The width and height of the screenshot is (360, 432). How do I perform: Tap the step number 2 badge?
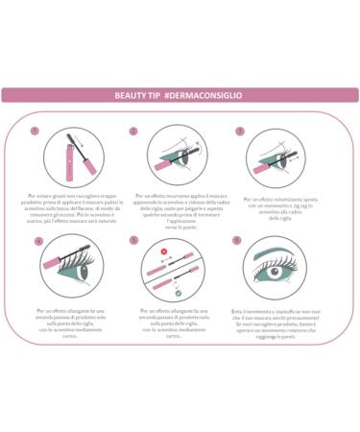pos(133,131)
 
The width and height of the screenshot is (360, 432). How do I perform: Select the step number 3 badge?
pos(237,131)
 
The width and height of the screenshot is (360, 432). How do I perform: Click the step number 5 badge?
pos(133,240)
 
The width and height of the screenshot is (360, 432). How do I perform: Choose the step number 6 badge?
pos(237,240)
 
